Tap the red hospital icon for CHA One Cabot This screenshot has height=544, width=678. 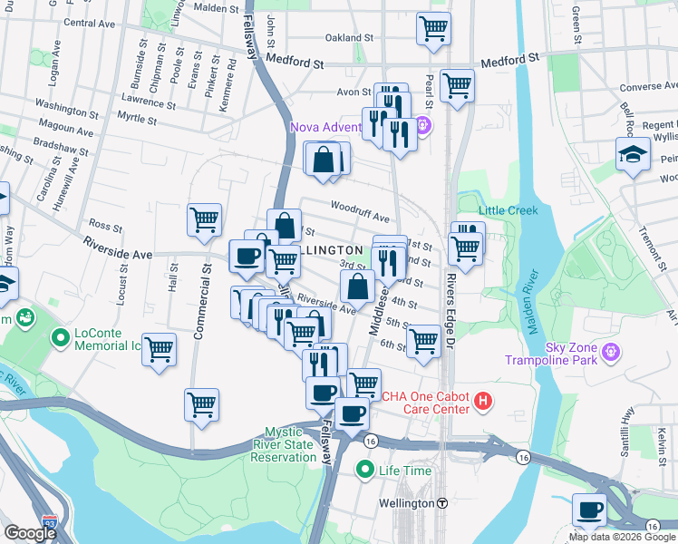(x=484, y=400)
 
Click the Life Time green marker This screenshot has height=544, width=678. (x=364, y=470)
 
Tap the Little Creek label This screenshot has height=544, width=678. (x=508, y=210)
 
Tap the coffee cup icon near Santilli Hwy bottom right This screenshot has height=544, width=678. (x=590, y=510)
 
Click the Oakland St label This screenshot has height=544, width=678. (x=350, y=39)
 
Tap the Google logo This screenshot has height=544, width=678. (x=30, y=533)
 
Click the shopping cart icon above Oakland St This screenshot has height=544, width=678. (x=433, y=27)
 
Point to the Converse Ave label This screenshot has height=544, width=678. (x=648, y=88)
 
